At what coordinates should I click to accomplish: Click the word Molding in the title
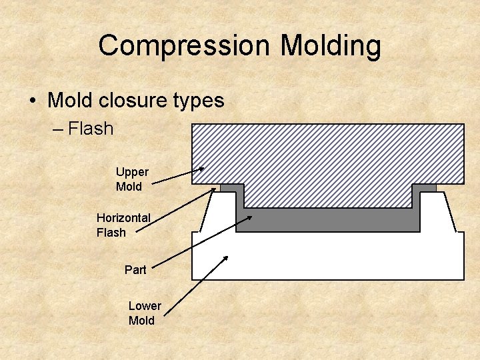331,46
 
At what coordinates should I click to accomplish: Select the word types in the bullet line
198,101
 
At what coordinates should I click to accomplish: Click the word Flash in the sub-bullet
91,128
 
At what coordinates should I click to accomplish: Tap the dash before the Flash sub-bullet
57,129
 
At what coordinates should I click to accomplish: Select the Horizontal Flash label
123,225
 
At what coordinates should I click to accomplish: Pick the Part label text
135,270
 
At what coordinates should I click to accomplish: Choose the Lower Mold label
144,313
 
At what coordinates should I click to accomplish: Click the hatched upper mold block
327,153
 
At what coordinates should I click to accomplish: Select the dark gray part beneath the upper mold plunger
327,219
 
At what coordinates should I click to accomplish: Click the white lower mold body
327,257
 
